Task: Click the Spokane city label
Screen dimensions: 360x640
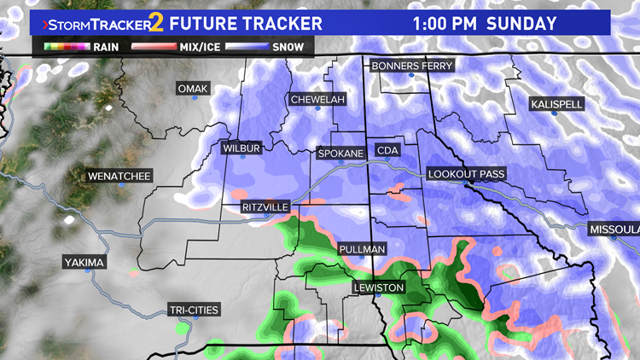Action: click(340, 154)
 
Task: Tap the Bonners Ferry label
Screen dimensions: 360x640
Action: click(412, 66)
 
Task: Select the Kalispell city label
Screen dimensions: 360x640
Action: click(556, 104)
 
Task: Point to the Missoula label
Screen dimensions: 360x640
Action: click(615, 230)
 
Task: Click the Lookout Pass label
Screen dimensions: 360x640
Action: click(467, 174)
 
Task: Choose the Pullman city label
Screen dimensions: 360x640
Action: click(362, 249)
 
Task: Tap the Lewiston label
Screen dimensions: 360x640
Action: click(378, 287)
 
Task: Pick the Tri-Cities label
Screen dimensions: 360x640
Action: click(193, 309)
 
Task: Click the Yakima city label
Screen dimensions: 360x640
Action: click(84, 263)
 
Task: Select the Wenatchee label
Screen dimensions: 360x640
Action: click(119, 177)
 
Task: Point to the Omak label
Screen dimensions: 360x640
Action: click(192, 89)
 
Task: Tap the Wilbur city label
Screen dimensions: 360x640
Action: click(240, 148)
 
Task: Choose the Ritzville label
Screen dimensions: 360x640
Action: click(265, 207)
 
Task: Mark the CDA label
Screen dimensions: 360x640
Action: click(387, 151)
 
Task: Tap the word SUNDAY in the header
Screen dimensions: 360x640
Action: click(521, 23)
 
